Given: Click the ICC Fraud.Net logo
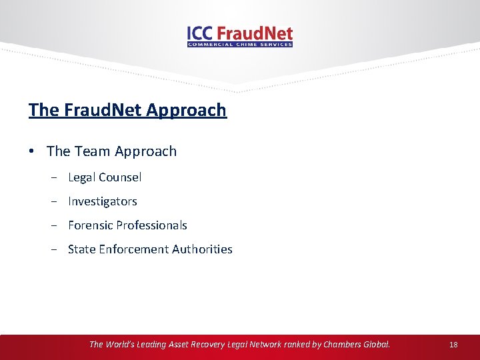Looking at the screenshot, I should click(x=240, y=35).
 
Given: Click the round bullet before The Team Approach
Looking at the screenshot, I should click(x=33, y=152).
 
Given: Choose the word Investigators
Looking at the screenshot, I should click(x=102, y=201).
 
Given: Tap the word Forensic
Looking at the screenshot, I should click(x=90, y=225).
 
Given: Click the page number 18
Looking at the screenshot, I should click(x=453, y=345).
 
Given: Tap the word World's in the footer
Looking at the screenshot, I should click(x=122, y=345).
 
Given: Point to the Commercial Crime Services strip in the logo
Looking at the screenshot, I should click(x=240, y=45).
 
